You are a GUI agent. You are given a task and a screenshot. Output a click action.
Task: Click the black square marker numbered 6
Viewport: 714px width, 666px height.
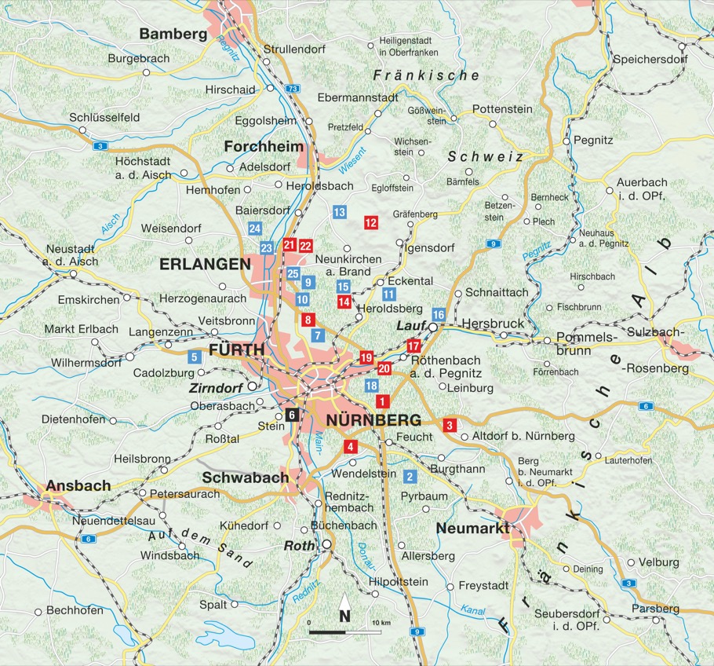[291, 415]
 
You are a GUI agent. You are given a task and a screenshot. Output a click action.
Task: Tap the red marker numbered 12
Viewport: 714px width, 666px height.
[371, 223]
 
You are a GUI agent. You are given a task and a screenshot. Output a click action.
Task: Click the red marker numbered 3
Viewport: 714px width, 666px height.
[450, 426]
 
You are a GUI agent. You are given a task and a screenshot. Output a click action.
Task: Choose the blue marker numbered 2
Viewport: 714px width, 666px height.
[409, 476]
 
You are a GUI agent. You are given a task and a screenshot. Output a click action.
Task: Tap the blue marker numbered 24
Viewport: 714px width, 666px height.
[254, 229]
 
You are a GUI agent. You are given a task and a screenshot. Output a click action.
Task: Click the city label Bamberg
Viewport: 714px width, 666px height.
[173, 34]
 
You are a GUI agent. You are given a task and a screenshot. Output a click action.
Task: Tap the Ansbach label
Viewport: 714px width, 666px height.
[78, 485]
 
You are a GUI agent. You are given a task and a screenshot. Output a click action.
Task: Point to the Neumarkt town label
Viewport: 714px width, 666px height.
[471, 528]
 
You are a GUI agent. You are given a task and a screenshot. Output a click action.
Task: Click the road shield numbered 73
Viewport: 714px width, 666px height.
[292, 89]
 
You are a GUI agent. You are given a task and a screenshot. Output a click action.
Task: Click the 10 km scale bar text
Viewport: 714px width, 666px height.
[381, 623]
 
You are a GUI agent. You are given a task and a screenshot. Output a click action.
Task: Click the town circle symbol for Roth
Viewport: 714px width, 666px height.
[326, 545]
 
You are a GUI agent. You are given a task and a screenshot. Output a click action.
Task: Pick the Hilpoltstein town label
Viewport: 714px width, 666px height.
[399, 582]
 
